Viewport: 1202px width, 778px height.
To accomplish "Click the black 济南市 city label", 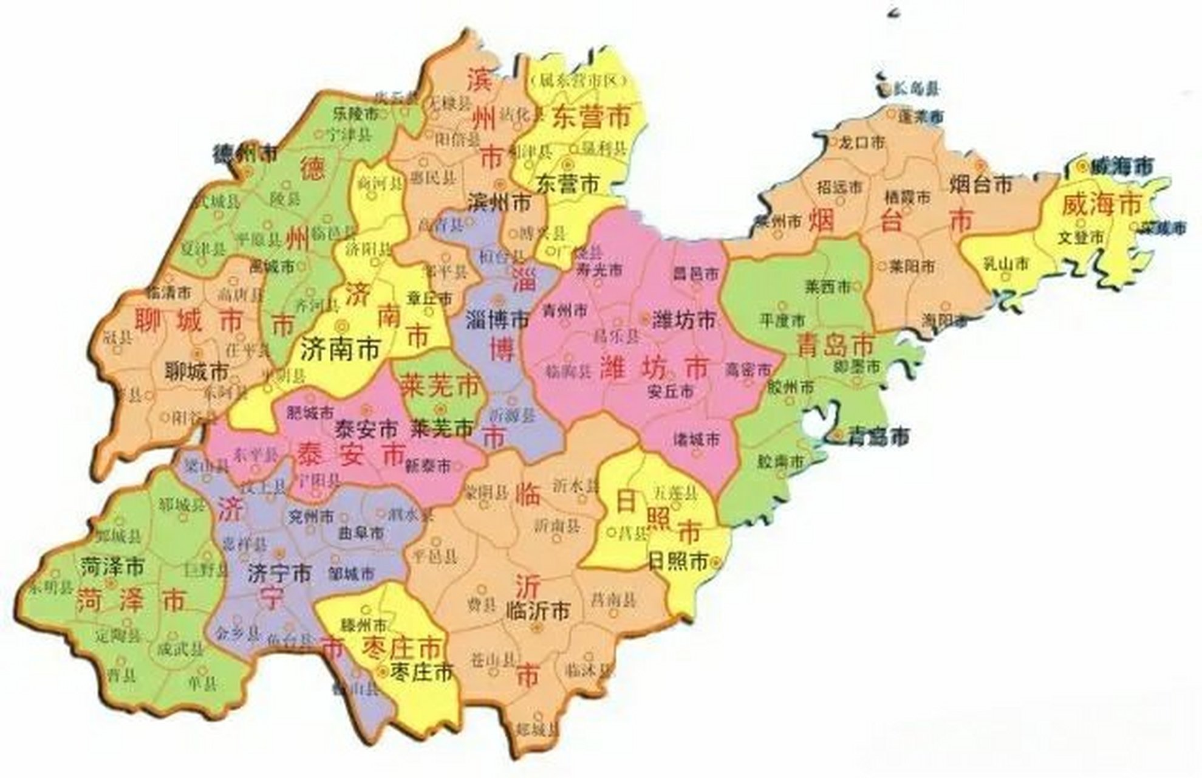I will [x=340, y=349].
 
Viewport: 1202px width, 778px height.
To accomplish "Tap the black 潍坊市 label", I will [x=685, y=320].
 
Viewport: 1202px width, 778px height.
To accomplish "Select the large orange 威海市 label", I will [x=1101, y=205].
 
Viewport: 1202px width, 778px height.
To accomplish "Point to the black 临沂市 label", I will [x=538, y=610].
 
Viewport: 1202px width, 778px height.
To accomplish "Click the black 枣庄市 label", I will [x=423, y=673].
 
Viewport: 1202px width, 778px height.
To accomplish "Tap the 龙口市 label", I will [x=862, y=143].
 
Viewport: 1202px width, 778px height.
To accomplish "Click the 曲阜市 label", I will [x=361, y=533].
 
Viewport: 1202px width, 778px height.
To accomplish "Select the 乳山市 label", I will [x=1006, y=264].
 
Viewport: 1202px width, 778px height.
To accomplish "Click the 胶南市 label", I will [x=780, y=461].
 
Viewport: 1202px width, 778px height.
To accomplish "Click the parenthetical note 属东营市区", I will [x=577, y=81].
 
